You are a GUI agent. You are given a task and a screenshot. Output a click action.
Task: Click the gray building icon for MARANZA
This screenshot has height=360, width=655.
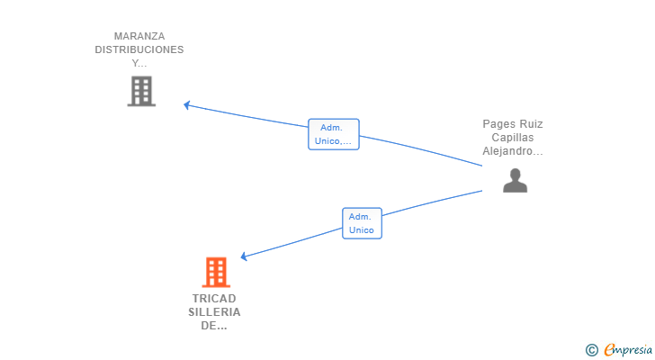[x=141, y=91]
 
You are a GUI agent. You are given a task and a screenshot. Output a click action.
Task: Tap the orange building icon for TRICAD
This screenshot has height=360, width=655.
[x=216, y=273]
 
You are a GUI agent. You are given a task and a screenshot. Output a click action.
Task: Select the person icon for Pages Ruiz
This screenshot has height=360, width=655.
[x=515, y=180]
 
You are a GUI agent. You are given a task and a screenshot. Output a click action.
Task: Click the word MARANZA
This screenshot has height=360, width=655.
[x=139, y=36]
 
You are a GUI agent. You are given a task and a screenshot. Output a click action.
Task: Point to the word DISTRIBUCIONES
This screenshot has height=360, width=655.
[x=139, y=49]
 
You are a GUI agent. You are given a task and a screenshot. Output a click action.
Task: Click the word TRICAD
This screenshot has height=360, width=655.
[x=214, y=299]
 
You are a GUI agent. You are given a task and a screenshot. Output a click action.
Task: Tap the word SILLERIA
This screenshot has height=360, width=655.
[x=214, y=312]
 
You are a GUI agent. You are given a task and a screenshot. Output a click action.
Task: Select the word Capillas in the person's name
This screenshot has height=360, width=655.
[x=513, y=138]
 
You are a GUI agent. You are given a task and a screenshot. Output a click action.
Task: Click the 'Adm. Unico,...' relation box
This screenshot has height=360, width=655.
[x=334, y=134]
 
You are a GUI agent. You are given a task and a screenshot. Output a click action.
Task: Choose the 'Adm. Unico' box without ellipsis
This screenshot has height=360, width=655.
[x=362, y=223]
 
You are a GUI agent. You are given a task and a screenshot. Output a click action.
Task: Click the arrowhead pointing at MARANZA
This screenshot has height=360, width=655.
[x=187, y=105]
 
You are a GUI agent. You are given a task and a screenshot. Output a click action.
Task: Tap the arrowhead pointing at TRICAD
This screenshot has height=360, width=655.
[x=244, y=256]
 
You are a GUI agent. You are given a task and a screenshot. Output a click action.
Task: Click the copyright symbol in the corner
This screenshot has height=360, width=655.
[x=591, y=350]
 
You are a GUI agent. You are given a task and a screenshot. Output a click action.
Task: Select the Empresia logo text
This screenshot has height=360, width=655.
[x=628, y=350]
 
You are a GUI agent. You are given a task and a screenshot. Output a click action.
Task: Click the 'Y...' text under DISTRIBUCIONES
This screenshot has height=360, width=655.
[x=139, y=64]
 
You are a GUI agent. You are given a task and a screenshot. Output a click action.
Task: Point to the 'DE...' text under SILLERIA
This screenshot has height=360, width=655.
[x=214, y=326]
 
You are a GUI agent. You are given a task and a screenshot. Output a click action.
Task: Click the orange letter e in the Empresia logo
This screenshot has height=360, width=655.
[x=610, y=350]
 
